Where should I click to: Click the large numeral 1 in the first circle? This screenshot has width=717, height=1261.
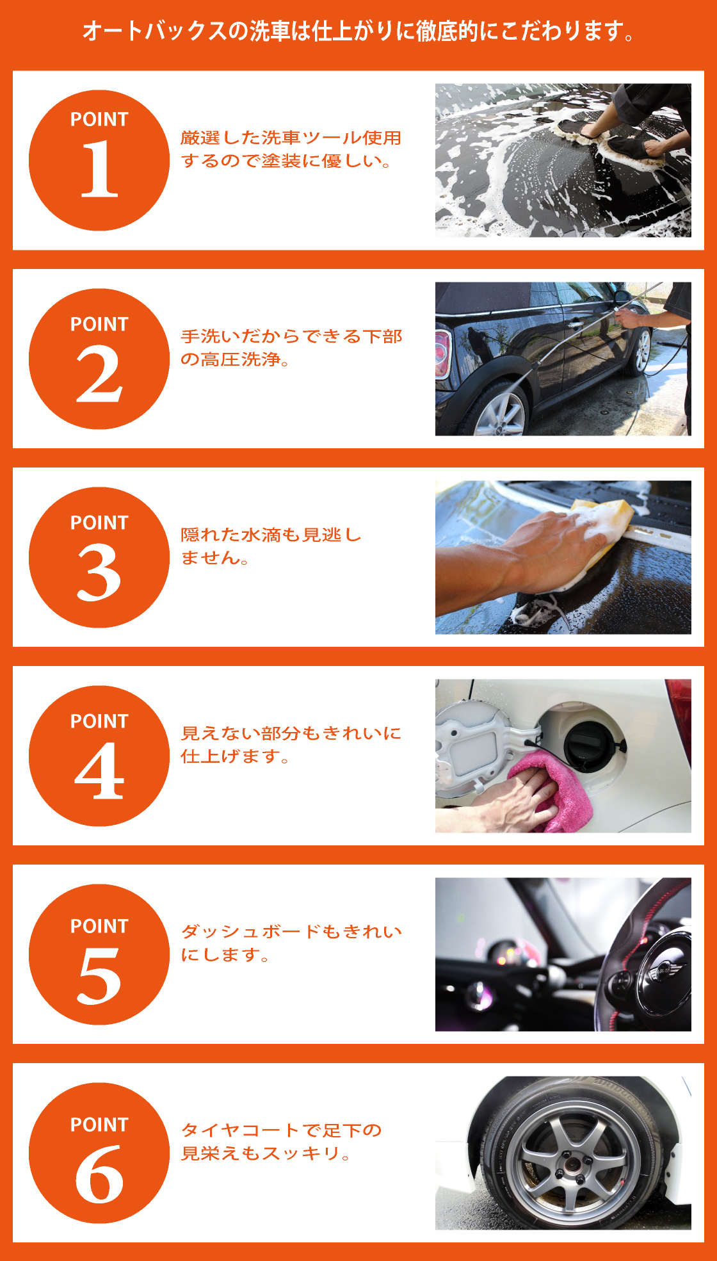point(100,169)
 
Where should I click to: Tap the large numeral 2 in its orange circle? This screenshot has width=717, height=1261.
point(99,374)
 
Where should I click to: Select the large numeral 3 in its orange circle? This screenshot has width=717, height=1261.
point(99,573)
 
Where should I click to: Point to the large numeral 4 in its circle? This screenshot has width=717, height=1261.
point(99,771)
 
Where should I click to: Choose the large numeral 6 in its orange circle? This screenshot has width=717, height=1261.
point(99,1175)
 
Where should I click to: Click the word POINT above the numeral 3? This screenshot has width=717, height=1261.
point(99,523)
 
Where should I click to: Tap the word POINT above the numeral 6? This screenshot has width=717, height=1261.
point(99,1125)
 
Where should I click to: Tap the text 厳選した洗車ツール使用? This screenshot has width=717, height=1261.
point(291,138)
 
